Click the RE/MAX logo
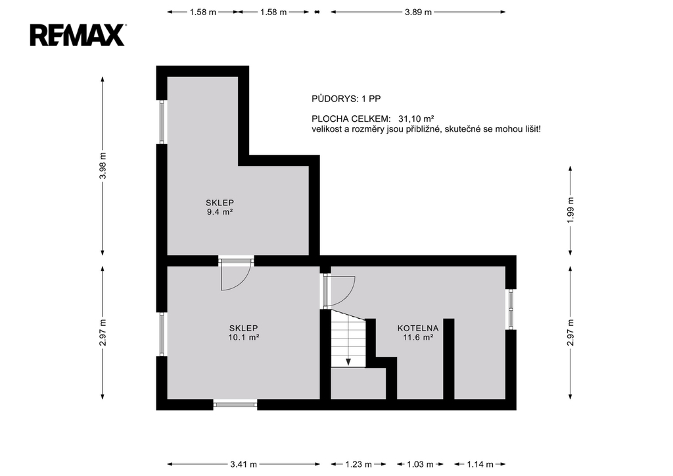[78, 36]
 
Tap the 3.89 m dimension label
[418, 12]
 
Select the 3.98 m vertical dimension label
[102, 165]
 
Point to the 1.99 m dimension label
[570, 210]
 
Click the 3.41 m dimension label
[244, 464]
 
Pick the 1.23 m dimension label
[358, 464]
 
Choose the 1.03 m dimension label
[420, 464]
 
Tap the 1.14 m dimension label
[480, 464]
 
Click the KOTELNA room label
[417, 329]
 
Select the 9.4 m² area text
[220, 211]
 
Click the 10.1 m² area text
[243, 337]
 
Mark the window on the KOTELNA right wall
[511, 309]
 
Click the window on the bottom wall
[235, 404]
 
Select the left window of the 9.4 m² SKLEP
[162, 122]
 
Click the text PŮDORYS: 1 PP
[346, 99]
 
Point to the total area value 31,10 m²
[416, 119]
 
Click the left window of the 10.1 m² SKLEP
[162, 334]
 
